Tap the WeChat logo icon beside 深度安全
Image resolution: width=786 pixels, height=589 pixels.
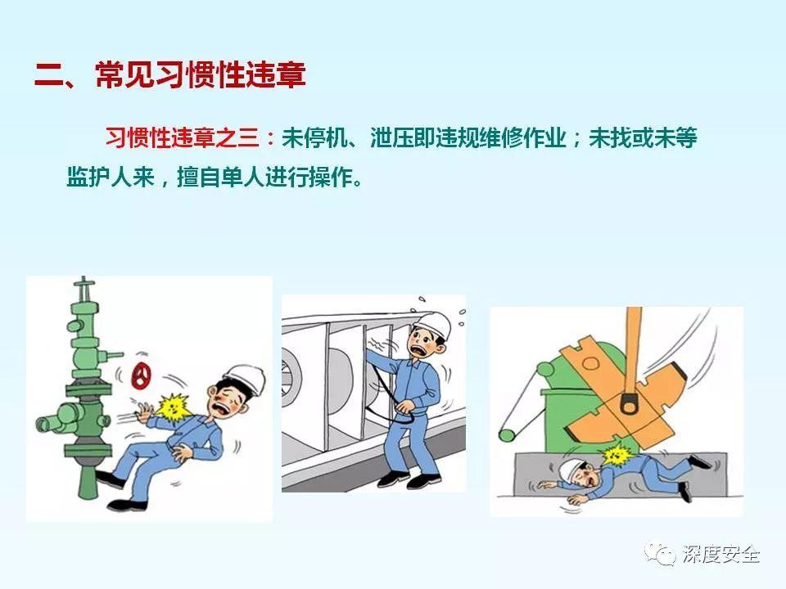(656, 555)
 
